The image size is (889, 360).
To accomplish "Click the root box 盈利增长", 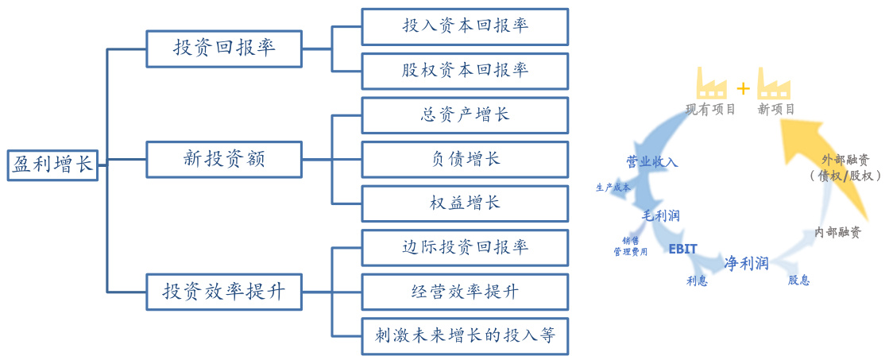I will click(x=52, y=164).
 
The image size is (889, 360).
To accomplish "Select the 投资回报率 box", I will click(x=224, y=48).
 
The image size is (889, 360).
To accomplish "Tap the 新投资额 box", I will click(x=224, y=159).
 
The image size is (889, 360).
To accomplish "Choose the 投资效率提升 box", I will click(x=224, y=291).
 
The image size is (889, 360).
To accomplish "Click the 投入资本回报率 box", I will click(x=465, y=26).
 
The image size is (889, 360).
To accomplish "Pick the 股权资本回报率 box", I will click(x=465, y=71).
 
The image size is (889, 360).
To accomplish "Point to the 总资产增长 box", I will click(x=465, y=114).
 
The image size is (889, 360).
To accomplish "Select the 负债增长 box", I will click(x=465, y=159).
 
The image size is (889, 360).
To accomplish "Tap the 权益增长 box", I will click(x=465, y=203).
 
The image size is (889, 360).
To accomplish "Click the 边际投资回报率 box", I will click(x=465, y=247).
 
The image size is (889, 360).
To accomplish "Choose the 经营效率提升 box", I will click(x=465, y=292).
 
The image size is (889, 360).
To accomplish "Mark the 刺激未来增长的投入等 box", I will click(x=465, y=336).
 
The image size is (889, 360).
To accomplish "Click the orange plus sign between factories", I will click(x=743, y=87).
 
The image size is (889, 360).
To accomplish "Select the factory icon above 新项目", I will click(x=774, y=83).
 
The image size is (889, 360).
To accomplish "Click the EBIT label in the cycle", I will click(x=682, y=249).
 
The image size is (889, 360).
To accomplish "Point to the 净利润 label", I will click(x=745, y=262).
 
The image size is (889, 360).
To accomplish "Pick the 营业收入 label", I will click(x=651, y=162).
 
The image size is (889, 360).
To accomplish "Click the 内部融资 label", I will click(x=837, y=232).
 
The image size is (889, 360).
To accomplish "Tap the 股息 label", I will click(x=798, y=280).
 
